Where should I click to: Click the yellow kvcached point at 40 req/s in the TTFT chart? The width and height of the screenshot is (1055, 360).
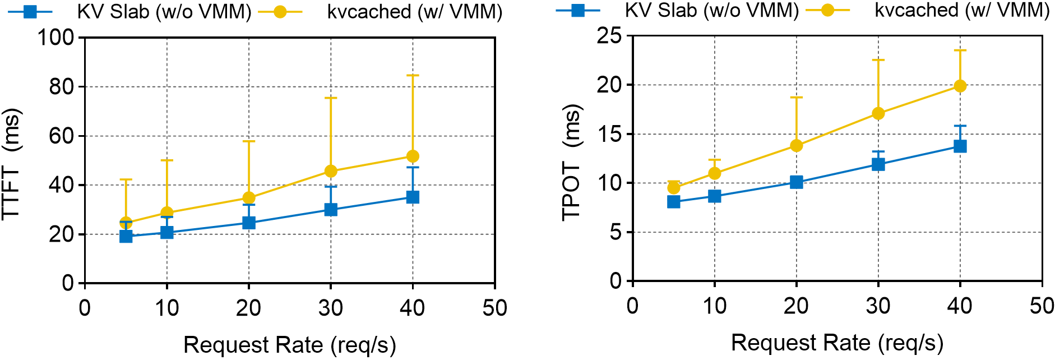tap(413, 156)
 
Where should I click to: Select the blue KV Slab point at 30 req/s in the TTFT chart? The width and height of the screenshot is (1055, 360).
tap(331, 210)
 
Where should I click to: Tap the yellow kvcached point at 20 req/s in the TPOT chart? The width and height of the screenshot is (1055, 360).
tap(796, 146)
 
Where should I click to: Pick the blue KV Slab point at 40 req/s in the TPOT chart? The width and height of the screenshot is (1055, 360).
tap(960, 146)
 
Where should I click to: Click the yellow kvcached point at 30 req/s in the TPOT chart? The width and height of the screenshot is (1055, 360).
tap(878, 114)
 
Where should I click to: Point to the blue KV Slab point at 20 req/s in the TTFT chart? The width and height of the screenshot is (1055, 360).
tap(249, 223)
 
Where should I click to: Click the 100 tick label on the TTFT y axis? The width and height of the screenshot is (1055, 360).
tap(55, 38)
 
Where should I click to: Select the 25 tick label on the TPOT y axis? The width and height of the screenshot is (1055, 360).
tap(609, 36)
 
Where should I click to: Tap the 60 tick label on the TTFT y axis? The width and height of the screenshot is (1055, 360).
tap(61, 136)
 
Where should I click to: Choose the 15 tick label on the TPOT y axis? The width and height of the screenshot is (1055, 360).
tap(609, 134)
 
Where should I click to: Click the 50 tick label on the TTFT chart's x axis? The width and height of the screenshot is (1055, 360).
tap(494, 308)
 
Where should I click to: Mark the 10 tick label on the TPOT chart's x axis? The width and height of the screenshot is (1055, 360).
tap(714, 306)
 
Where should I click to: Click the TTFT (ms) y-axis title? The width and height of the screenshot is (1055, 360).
tap(12, 163)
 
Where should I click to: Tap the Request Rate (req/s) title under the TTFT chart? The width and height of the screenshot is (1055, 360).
tap(289, 345)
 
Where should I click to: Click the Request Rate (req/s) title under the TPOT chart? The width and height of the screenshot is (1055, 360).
tap(837, 343)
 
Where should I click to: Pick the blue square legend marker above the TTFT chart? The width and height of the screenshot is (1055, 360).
tap(30, 11)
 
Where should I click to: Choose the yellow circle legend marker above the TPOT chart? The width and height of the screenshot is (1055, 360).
tap(827, 10)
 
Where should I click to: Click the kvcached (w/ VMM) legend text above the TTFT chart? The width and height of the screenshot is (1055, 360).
tap(415, 11)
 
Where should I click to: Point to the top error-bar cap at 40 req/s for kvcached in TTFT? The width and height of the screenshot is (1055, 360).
tap(413, 75)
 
